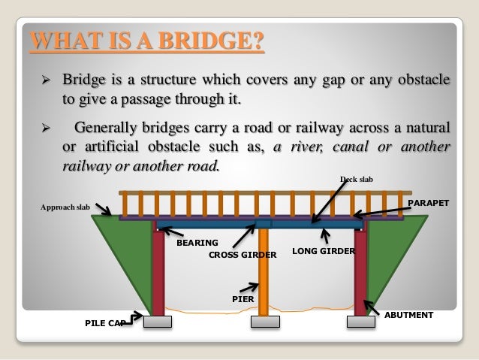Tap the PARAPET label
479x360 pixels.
tap(428, 204)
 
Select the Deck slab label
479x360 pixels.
tap(356, 179)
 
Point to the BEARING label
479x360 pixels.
tap(197, 243)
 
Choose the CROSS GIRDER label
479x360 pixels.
tap(243, 255)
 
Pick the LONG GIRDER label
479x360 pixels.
tap(322, 250)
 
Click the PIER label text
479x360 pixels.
tap(243, 298)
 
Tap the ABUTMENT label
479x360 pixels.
tap(408, 315)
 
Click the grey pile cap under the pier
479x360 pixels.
tap(265, 322)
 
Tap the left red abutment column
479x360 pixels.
tap(158, 271)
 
